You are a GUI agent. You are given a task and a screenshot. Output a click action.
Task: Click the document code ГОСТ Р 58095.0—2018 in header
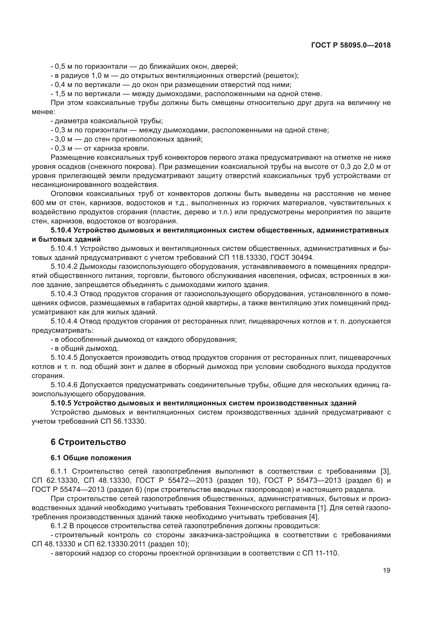pyautogui.click(x=351, y=45)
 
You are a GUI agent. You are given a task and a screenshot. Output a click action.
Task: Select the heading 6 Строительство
pyautogui.click(x=88, y=442)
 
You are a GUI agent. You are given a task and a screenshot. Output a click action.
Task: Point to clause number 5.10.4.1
pyautogui.click(x=64, y=248)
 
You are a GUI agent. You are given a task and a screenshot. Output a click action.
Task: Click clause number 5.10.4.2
pyautogui.click(x=64, y=267)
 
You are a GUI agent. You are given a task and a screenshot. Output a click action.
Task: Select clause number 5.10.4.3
pyautogui.click(x=64, y=294)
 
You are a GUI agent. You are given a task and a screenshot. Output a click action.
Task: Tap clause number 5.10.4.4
pyautogui.click(x=64, y=321)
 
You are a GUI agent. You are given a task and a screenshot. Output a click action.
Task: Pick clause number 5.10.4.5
pyautogui.click(x=64, y=357)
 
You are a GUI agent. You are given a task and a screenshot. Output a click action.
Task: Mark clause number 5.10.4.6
pyautogui.click(x=64, y=385)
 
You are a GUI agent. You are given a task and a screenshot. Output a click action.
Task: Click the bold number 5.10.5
pyautogui.click(x=61, y=403)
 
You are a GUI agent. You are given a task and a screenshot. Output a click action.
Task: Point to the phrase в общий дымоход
pyautogui.click(x=86, y=349)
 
